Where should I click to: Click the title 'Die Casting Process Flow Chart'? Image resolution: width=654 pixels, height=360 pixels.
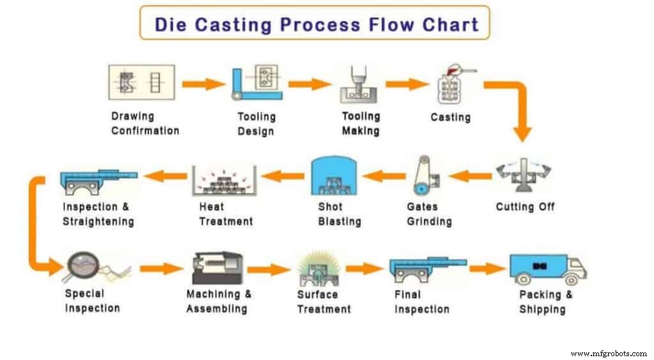tap(316, 24)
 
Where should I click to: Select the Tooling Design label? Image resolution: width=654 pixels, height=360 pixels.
tap(256, 124)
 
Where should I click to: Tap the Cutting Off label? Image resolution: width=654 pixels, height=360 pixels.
tap(525, 207)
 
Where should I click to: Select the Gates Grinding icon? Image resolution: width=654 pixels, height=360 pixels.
tap(425, 175)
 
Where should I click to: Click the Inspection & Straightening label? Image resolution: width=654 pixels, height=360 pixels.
tap(98, 214)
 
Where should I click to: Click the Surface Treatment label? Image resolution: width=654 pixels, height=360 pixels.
tap(324, 302)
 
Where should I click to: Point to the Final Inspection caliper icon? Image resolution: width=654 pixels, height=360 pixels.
tap(426, 268)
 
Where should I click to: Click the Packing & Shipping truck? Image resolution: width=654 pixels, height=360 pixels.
tap(547, 268)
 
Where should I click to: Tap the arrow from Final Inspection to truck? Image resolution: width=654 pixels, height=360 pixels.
tap(487, 268)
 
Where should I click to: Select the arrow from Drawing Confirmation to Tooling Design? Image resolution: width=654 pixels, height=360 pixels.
tap(203, 84)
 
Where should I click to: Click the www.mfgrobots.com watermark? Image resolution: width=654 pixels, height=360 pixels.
tap(608, 353)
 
